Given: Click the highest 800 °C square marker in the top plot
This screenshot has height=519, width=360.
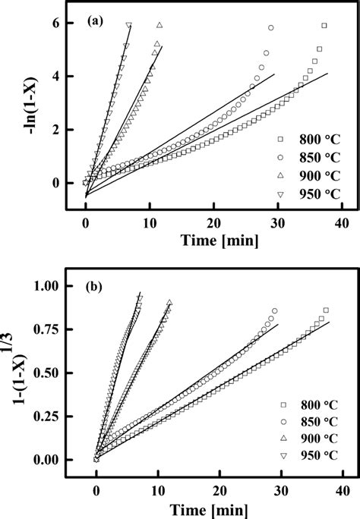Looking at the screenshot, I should (324, 26).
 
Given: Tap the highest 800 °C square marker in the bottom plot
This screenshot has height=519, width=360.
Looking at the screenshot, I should (326, 310).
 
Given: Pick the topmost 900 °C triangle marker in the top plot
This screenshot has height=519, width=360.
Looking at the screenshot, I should (159, 25).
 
